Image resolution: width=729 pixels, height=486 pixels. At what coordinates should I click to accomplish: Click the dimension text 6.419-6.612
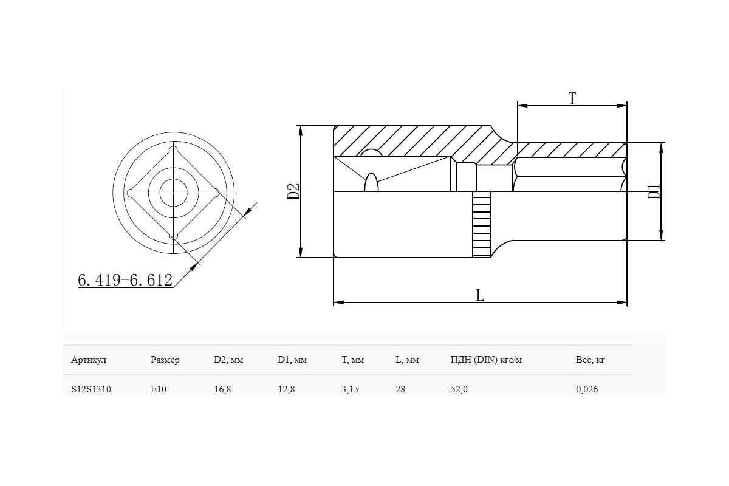125,280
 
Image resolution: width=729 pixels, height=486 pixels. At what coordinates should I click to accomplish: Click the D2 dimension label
293,191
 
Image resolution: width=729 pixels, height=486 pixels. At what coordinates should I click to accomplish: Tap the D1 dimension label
654,191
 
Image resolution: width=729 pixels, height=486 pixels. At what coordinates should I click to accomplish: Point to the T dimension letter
572,98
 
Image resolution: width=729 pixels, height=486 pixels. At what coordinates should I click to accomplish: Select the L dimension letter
480,296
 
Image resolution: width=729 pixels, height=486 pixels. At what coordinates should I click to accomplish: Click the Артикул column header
89,360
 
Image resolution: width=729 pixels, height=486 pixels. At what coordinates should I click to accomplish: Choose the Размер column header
165,360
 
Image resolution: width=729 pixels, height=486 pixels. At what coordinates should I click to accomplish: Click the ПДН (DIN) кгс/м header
486,360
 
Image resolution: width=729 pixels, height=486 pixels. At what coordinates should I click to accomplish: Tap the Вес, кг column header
590,360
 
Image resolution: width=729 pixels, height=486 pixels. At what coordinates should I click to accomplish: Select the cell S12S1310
91,389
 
